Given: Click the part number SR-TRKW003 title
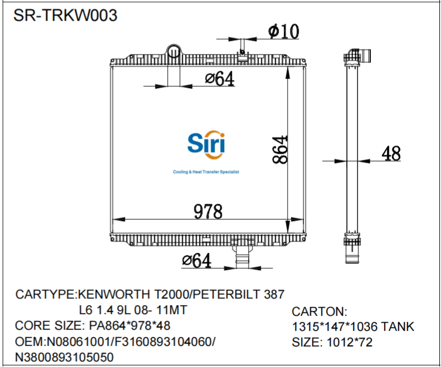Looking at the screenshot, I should pos(65,15).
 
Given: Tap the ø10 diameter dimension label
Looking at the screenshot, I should pos(283,32).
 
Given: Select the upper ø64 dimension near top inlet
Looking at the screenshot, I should pos(219,80).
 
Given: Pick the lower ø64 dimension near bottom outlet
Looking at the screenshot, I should pos(197,260).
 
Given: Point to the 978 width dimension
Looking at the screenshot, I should pos(207,212).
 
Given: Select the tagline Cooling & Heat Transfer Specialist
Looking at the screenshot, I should pos(206,172).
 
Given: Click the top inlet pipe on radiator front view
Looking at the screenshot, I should pos(174,52).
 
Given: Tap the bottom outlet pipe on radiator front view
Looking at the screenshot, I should pos(241,259).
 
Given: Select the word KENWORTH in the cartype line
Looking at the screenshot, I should pos(116,294).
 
